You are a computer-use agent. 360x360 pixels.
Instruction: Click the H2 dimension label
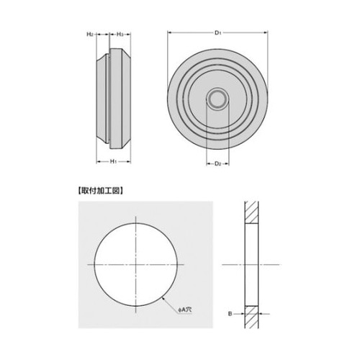coord(90,34)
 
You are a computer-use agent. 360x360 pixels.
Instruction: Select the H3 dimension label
coord(122,34)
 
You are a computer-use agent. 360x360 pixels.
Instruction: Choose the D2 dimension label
coord(217,164)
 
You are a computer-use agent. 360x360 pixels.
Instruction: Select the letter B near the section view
coord(230,314)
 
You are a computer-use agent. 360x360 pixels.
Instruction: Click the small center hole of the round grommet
coord(217,99)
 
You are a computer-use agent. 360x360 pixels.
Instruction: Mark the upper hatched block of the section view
coord(253,211)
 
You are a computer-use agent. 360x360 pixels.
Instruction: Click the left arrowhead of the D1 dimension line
coord(170,33)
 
